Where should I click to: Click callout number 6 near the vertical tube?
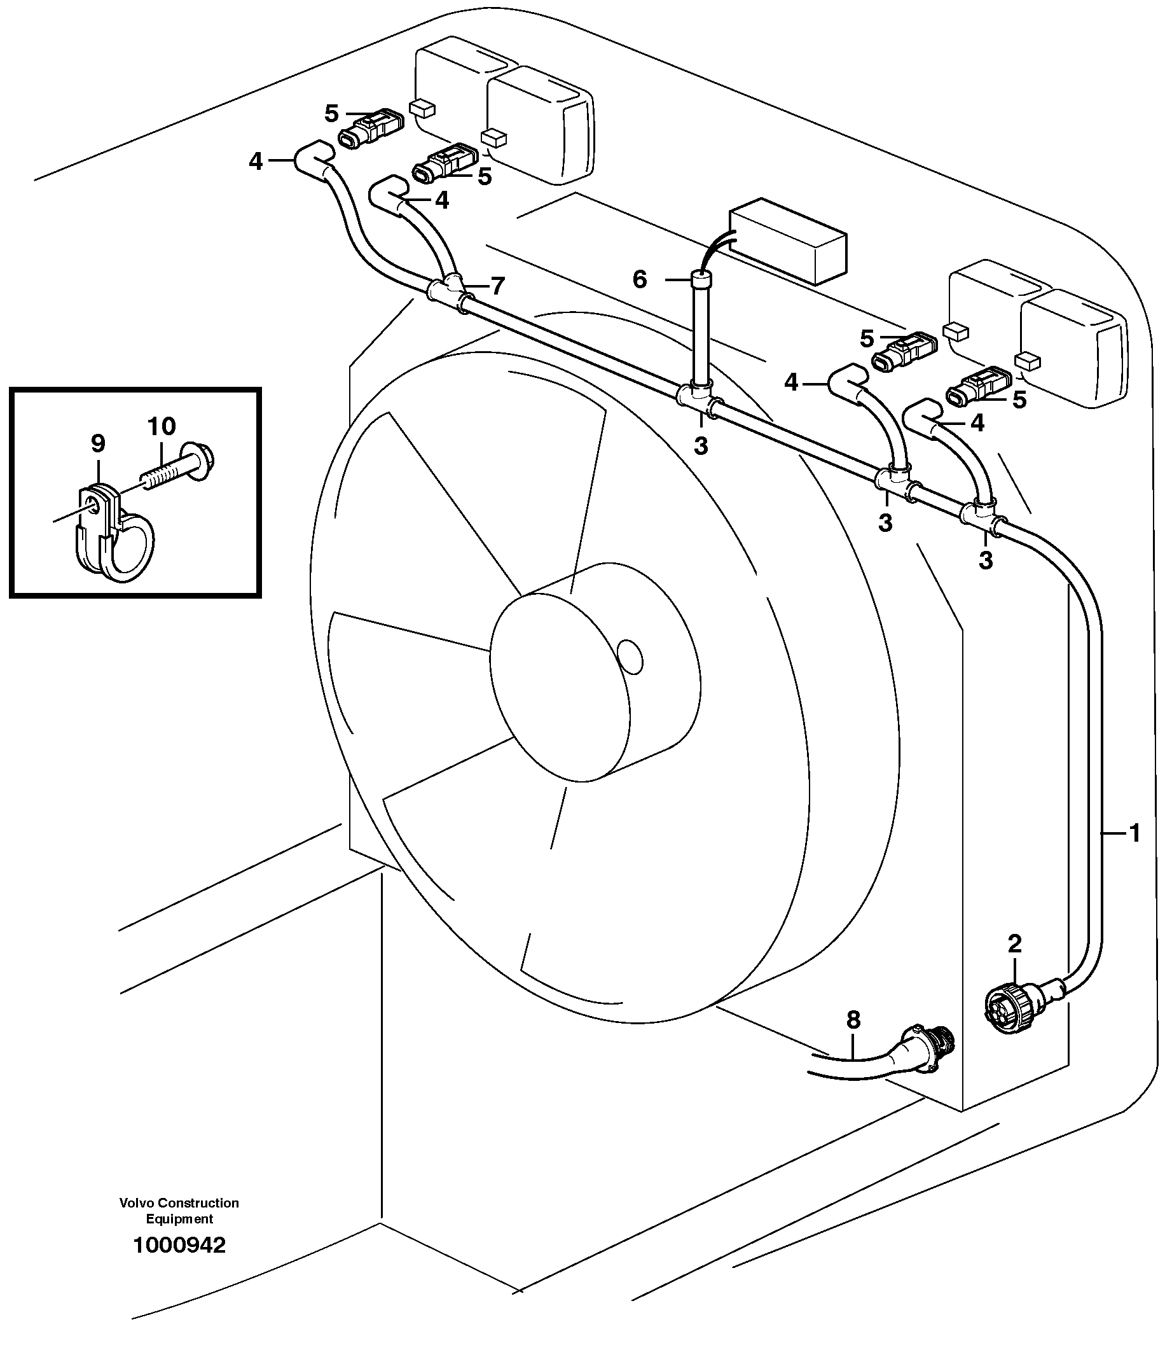coord(640,280)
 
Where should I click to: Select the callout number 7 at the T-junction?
coord(497,286)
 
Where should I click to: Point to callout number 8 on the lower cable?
coord(853,1020)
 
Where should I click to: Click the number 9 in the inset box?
coord(97,444)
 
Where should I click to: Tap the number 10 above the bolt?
coord(162,427)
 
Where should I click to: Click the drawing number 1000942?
coord(179,1245)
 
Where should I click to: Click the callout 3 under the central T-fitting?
coord(700,447)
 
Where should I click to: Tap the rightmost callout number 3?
coord(986,560)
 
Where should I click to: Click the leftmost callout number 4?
coord(256,162)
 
